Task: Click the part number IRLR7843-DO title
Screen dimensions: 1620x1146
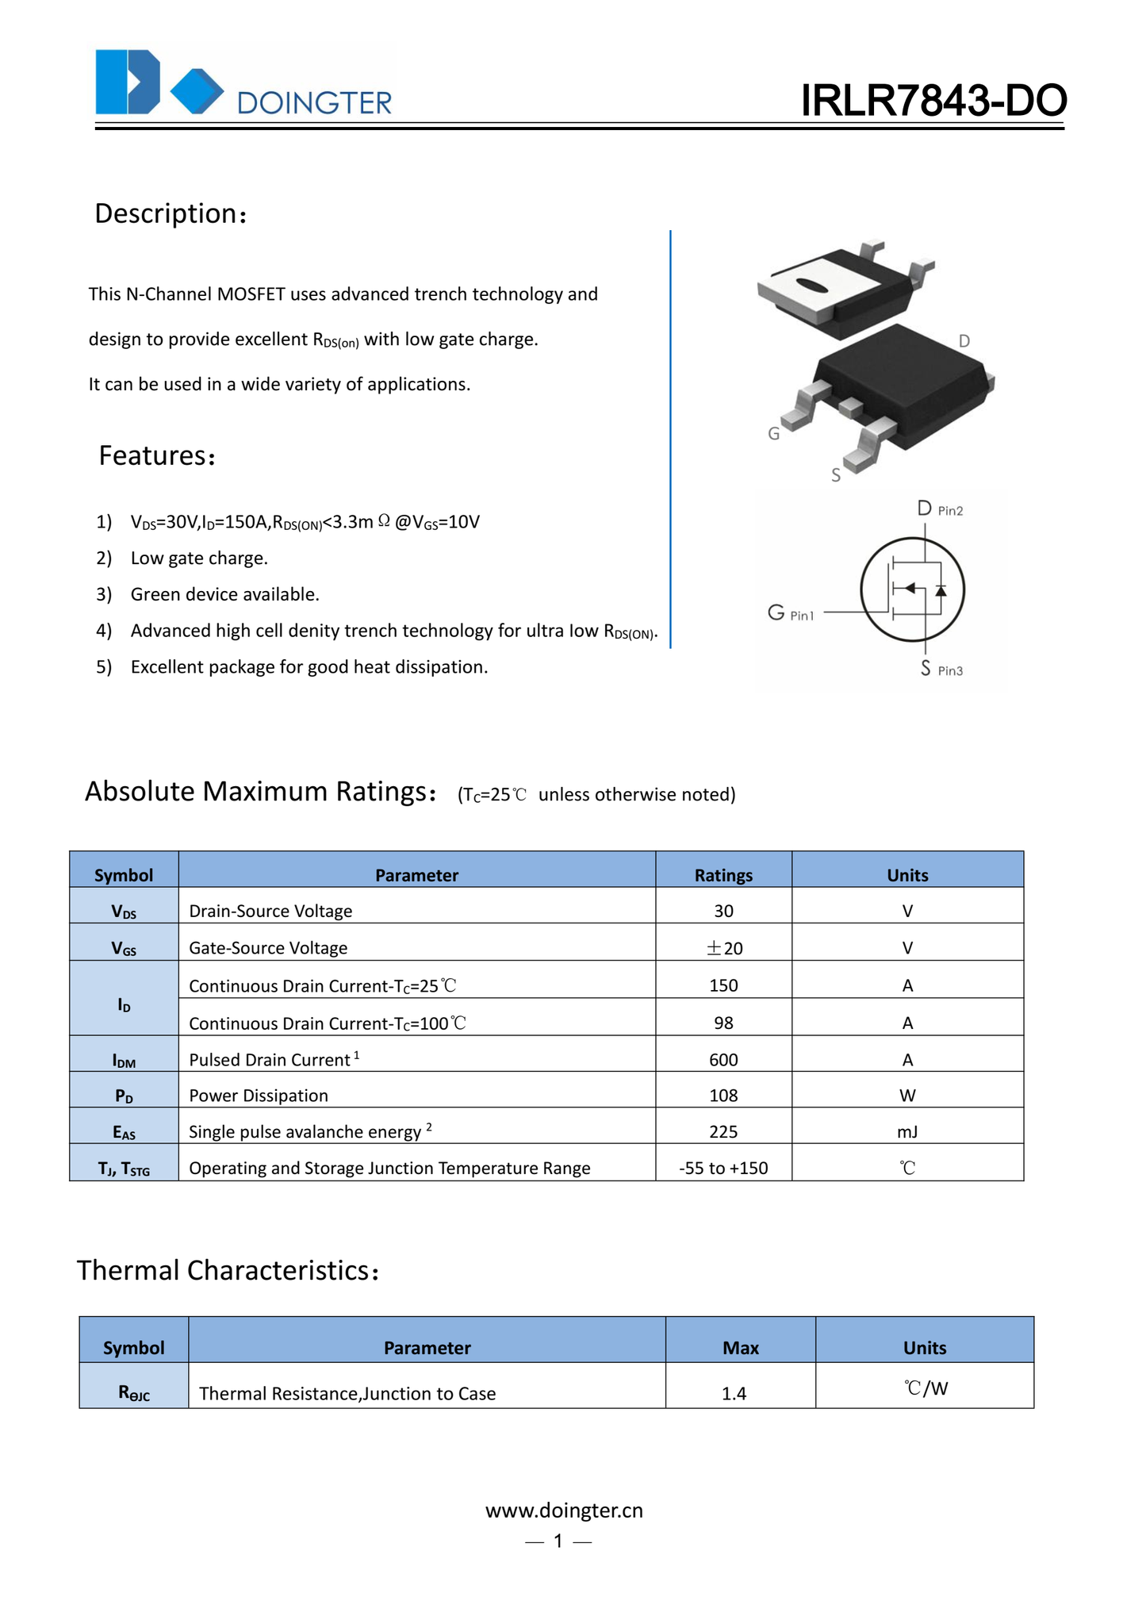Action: point(933,101)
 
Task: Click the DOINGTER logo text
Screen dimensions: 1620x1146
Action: point(314,103)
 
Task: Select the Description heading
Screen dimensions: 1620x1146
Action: point(171,213)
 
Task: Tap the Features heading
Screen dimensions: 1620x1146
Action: point(156,456)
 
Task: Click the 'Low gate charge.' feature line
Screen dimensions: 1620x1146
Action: point(199,559)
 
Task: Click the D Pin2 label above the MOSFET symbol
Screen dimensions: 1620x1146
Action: point(939,509)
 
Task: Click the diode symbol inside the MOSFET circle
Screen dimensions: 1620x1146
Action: point(941,590)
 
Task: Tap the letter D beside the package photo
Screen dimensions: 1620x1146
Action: point(964,341)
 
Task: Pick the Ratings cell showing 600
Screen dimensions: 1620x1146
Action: point(723,1060)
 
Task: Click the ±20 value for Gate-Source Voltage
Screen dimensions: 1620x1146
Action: point(723,948)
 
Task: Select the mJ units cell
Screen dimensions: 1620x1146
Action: point(907,1132)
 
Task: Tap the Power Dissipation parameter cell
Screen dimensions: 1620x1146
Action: point(259,1096)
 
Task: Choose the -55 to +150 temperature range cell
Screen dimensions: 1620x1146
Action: point(723,1168)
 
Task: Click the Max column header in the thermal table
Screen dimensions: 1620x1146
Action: point(740,1348)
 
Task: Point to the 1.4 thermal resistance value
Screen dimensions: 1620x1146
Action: point(734,1393)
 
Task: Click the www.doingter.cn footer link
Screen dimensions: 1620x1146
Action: point(564,1510)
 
